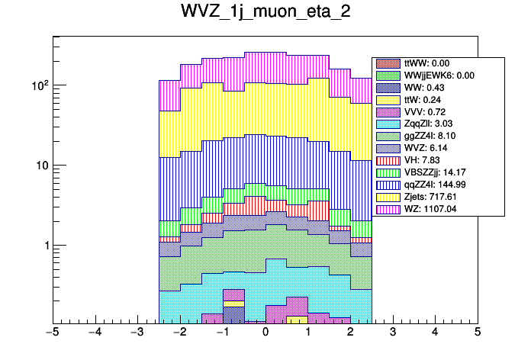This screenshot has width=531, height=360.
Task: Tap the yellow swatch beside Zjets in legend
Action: tap(388, 196)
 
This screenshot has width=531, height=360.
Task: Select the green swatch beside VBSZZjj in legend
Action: tap(388, 173)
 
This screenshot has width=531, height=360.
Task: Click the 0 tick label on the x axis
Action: tap(265, 333)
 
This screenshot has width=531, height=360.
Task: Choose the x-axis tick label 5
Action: tap(477, 333)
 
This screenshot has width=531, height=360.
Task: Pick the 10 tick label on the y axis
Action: tap(40, 166)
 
